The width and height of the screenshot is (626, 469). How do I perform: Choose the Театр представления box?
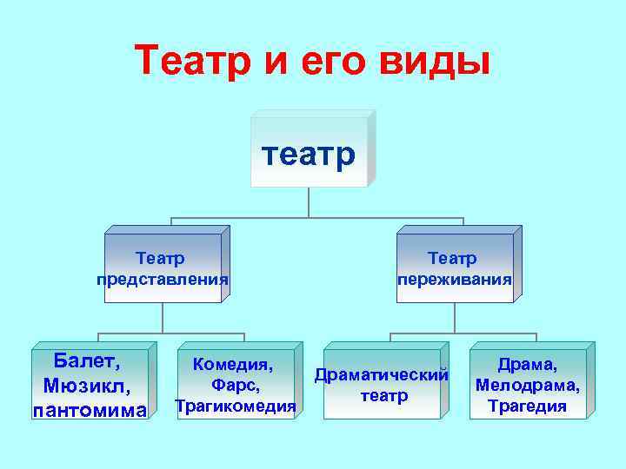point(163,268)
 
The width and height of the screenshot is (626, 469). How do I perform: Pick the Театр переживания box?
point(454,268)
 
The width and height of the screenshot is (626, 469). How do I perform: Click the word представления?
point(163,280)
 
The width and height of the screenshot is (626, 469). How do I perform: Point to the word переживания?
point(454,280)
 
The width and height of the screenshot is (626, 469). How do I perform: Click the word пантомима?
point(90,409)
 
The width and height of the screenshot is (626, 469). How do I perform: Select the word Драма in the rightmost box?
point(527,364)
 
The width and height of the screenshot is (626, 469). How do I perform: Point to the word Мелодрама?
point(527,385)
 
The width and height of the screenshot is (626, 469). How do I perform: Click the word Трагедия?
point(527,406)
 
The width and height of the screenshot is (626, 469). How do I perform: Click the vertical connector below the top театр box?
point(309,201)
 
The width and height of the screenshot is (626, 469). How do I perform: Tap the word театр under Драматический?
point(383,396)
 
